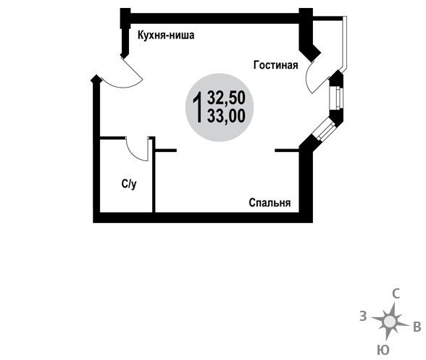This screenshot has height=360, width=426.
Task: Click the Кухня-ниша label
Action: pos(166,35)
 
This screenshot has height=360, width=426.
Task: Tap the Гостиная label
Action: pos(275,65)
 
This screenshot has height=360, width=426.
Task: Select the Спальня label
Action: pos(270,203)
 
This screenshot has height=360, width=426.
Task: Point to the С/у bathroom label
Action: pos(129,185)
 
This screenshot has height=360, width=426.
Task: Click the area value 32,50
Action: pos(226,98)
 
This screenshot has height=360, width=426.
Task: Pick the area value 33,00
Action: pos(226,116)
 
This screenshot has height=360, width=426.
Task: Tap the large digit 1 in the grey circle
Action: pos(198,107)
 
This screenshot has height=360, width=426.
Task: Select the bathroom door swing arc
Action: pos(133,155)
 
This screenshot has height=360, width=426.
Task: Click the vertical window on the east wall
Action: pos(336,98)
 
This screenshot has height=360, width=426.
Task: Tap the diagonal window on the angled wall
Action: pos(324,130)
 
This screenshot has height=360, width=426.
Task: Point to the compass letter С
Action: pos(396,294)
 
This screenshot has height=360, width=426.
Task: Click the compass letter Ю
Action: pos(383,350)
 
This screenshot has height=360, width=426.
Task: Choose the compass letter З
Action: pos(363,317)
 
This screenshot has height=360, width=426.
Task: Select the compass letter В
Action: pos(417,327)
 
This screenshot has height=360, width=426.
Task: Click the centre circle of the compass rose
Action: pos(390,322)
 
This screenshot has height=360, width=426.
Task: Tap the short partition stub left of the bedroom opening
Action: pos(166,150)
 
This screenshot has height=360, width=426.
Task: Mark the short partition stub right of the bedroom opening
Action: pos(287,150)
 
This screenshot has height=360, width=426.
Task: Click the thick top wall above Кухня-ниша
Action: pos(214,18)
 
